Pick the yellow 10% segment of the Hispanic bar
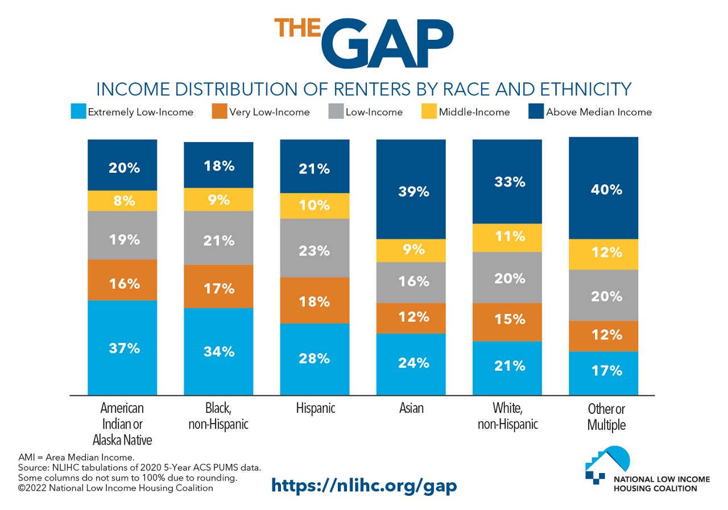pos(315,206)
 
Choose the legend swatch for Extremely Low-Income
pos(78,112)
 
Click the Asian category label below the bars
pos(411,408)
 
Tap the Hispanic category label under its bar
pos(315,408)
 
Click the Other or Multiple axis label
pos(606,417)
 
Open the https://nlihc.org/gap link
pos(364,485)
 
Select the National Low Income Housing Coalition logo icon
pos(607,463)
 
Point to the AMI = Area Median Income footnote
pos(76,457)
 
